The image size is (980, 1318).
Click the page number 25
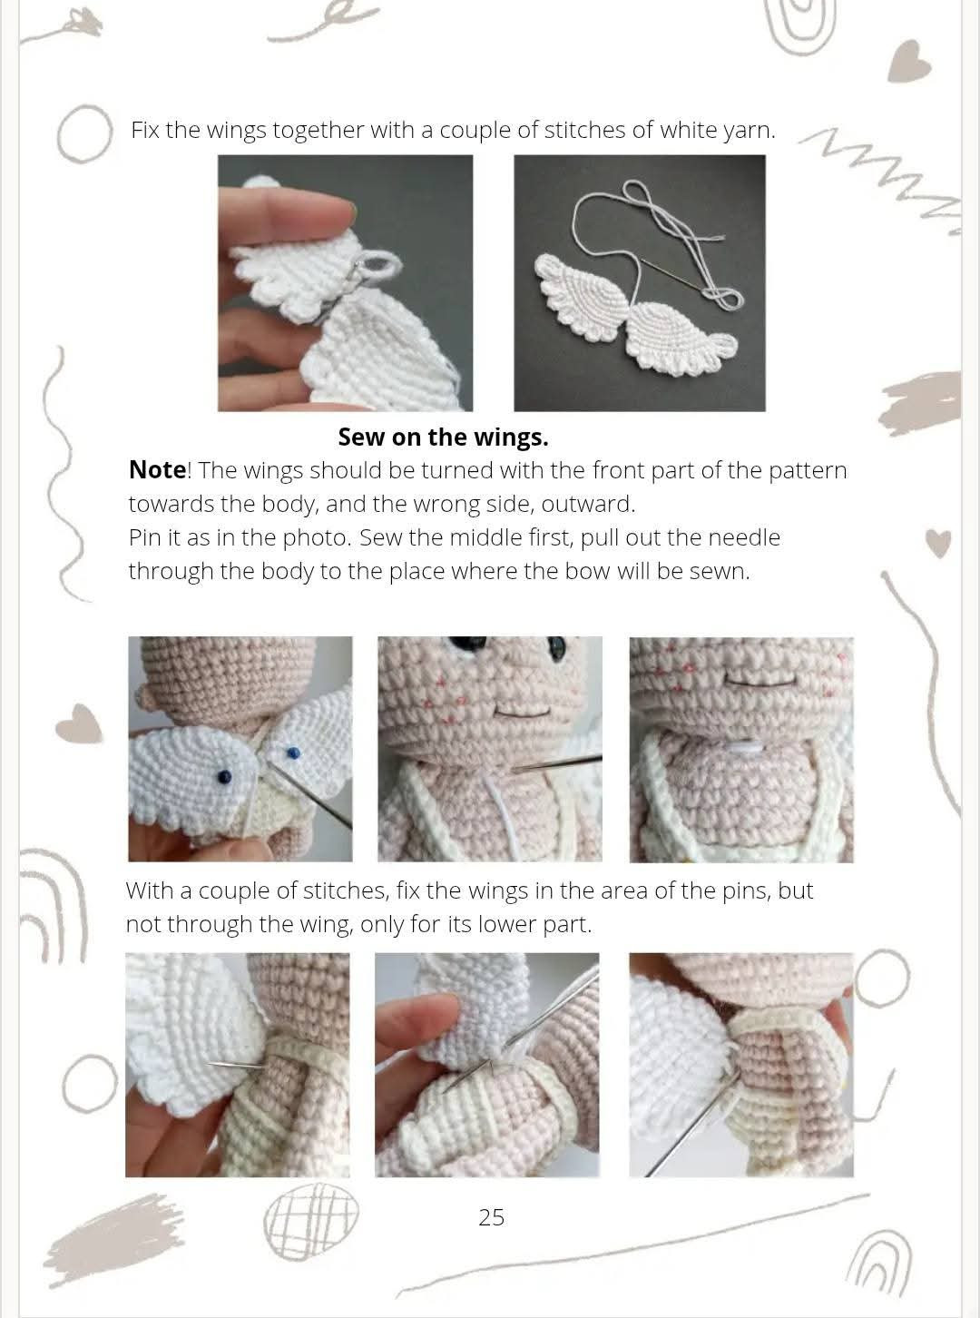491,1217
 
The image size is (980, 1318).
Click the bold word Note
157,470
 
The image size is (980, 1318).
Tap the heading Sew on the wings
443,438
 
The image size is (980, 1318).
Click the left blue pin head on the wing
224,774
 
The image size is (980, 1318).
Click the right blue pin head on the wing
293,752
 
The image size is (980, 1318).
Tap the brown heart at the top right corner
908,61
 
